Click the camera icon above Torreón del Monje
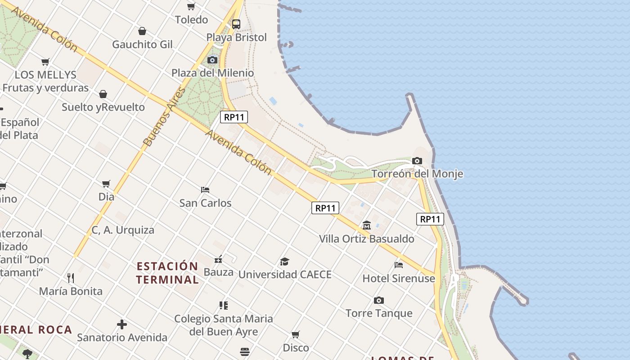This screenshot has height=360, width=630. [417, 161]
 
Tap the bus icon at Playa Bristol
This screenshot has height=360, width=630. [236, 24]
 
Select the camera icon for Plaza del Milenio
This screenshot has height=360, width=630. [212, 60]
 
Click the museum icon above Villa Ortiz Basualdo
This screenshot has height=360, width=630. [367, 225]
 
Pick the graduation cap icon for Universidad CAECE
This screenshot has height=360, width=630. [284, 261]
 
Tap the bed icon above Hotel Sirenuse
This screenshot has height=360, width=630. [399, 265]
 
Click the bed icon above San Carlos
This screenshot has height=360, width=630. [205, 189]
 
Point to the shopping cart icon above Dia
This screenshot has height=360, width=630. [106, 184]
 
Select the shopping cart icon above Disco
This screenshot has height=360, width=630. [296, 334]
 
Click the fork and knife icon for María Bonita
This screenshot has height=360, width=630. [71, 278]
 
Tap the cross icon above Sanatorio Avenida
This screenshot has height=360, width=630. [122, 324]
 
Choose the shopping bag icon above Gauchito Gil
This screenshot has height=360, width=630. [142, 31]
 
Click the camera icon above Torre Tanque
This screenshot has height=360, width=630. [379, 300]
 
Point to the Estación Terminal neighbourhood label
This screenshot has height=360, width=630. [167, 273]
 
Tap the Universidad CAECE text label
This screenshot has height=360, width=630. [285, 274]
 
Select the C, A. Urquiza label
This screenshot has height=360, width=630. [123, 230]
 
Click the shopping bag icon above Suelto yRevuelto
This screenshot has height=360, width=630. [103, 94]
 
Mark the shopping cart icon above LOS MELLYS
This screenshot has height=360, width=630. [45, 62]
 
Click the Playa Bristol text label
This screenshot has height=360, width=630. [237, 37]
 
